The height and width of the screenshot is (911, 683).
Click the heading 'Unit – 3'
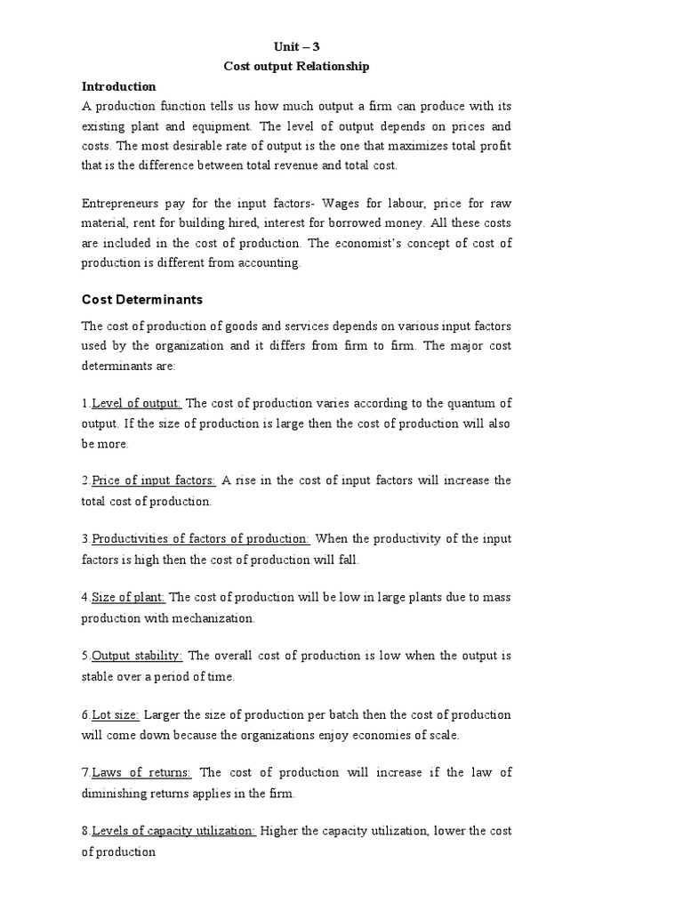(x=294, y=46)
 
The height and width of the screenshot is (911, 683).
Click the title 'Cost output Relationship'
(x=294, y=67)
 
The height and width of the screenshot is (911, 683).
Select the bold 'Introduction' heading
(x=119, y=86)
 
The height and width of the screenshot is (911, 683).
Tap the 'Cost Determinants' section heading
(x=142, y=300)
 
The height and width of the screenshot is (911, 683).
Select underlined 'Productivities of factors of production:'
(x=201, y=538)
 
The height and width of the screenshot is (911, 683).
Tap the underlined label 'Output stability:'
(x=137, y=656)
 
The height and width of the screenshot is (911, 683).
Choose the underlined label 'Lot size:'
(x=116, y=714)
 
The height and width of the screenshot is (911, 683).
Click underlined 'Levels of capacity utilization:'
(x=174, y=831)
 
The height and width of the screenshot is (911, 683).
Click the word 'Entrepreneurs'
(x=122, y=204)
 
